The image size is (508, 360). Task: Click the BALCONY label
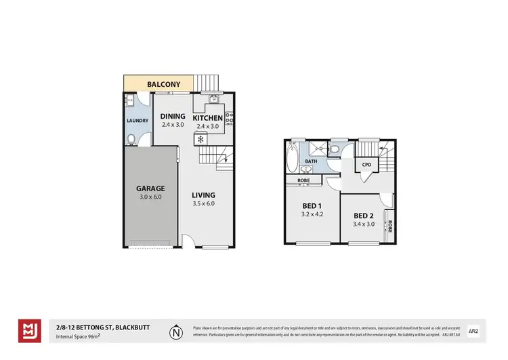165,85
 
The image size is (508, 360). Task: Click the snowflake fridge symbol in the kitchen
200,138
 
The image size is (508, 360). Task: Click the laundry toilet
130,139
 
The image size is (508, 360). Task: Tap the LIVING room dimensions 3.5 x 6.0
203,203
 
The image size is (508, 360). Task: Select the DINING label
173,116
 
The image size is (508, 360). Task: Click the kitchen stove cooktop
230,119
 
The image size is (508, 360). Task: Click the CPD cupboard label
366,165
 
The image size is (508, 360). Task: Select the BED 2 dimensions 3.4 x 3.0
364,224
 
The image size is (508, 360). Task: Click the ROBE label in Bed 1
303,180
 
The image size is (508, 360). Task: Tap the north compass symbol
176,332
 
